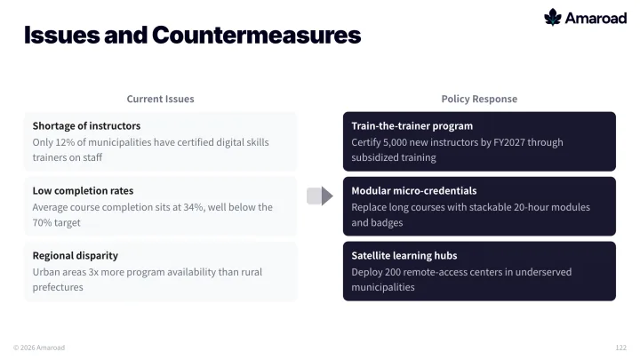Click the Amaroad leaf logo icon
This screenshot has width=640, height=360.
pos(553,17)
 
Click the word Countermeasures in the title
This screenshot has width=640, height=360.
pos(256,35)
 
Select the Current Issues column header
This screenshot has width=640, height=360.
pos(160,99)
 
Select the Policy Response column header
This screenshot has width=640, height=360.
pos(479,99)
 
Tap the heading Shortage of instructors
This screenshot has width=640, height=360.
pos(86,125)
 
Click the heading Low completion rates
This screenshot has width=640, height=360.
pos(83,190)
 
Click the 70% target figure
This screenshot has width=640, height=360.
pos(42,222)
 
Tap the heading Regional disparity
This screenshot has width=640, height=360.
pos(75,255)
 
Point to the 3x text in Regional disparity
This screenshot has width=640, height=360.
pos(93,272)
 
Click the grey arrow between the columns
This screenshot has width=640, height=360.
pos(320,196)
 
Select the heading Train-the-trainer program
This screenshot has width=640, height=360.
pos(412,125)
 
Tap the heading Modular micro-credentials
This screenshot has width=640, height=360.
pos(414,190)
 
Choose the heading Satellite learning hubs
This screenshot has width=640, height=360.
pos(404,255)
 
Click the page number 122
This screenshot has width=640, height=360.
pos(620,348)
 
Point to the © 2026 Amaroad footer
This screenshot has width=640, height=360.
pos(39,348)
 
